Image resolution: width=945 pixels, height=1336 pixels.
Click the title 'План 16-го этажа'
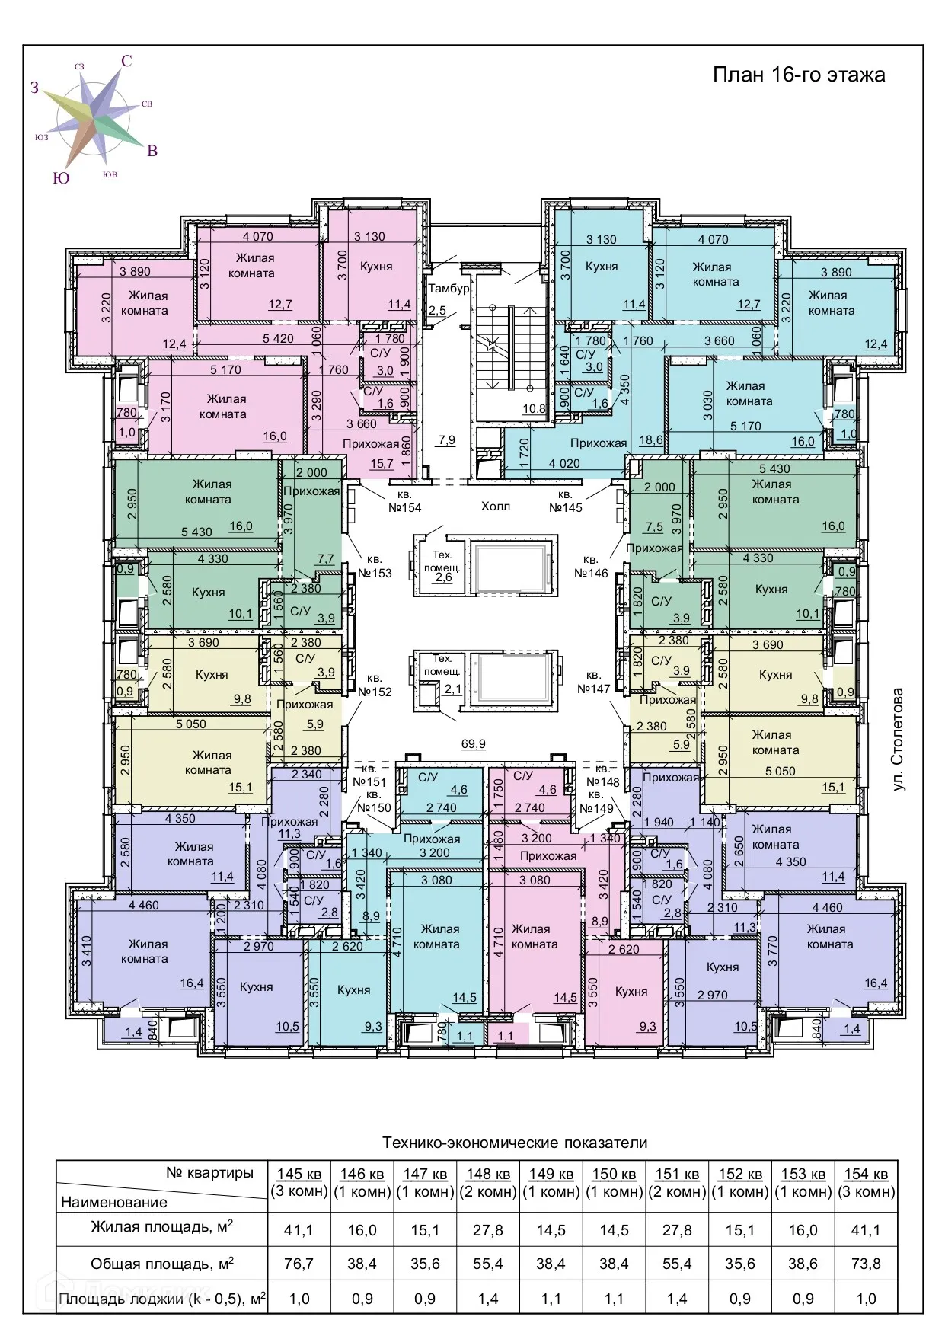point(799,75)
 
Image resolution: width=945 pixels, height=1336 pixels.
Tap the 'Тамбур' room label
point(449,289)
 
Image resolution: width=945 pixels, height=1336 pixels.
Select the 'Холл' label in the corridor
point(496,506)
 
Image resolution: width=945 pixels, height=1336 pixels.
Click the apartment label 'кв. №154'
point(405,501)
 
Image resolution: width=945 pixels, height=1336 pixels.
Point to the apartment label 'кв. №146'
point(591,567)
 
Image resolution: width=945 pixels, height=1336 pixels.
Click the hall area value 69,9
point(474,744)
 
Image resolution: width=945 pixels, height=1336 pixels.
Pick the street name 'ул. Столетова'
point(899,739)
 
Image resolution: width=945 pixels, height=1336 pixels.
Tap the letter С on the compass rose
point(126,61)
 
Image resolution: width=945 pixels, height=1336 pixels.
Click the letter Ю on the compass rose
point(61,177)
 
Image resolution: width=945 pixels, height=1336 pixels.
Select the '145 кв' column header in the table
point(299,1174)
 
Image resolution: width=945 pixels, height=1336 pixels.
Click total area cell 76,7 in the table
point(299,1264)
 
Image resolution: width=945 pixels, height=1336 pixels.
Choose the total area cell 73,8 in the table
point(866,1264)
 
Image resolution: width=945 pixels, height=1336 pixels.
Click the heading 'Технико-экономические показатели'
point(515,1143)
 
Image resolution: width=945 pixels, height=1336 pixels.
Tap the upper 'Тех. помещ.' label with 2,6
point(442,566)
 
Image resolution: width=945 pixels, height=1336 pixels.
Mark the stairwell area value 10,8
point(534,409)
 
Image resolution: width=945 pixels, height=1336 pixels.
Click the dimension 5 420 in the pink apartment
point(278,338)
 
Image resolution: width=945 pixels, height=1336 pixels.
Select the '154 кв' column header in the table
point(867,1174)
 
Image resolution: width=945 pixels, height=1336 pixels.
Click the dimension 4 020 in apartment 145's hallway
point(564,463)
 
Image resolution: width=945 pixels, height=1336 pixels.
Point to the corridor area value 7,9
point(447,440)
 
